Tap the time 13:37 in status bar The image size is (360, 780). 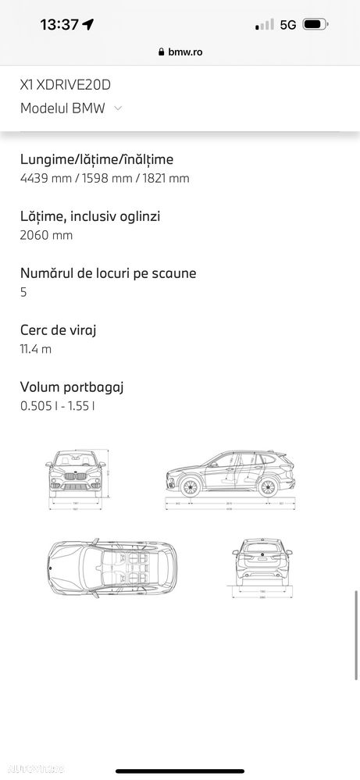click(x=59, y=24)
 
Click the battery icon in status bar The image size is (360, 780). click(x=314, y=24)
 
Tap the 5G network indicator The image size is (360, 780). click(x=288, y=24)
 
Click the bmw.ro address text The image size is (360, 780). click(x=185, y=52)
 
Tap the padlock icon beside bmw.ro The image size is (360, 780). click(x=162, y=52)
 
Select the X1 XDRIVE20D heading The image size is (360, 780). click(x=70, y=86)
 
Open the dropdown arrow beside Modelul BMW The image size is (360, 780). click(x=118, y=109)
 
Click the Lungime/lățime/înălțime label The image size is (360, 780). click(x=97, y=159)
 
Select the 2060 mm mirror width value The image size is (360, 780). click(x=47, y=235)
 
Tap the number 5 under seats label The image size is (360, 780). click(x=23, y=292)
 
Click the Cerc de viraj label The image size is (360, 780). click(x=59, y=330)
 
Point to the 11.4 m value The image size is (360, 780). click(x=36, y=349)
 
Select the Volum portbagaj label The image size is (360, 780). click(x=72, y=386)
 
